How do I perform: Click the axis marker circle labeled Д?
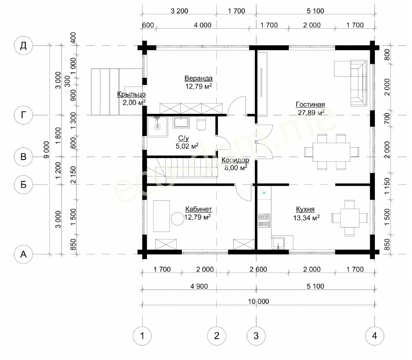point(23,45)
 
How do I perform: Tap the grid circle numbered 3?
point(256,336)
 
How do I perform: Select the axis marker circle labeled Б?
point(23,184)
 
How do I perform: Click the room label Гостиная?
point(311,105)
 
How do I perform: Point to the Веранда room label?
point(198,78)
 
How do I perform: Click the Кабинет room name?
point(198,209)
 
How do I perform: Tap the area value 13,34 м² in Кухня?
point(306,217)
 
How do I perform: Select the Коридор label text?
point(235,160)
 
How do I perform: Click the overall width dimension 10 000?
point(259,301)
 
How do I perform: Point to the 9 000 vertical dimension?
point(46,150)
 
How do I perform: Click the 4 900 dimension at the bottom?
point(199,286)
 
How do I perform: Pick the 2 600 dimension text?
point(259,269)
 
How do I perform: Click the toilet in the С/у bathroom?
point(202,124)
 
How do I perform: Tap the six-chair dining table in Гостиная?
point(332,152)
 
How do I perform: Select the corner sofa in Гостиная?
point(351,83)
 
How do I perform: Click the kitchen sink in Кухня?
point(279,243)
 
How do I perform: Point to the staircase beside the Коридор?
point(182,170)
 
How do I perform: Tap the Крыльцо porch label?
point(131,94)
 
